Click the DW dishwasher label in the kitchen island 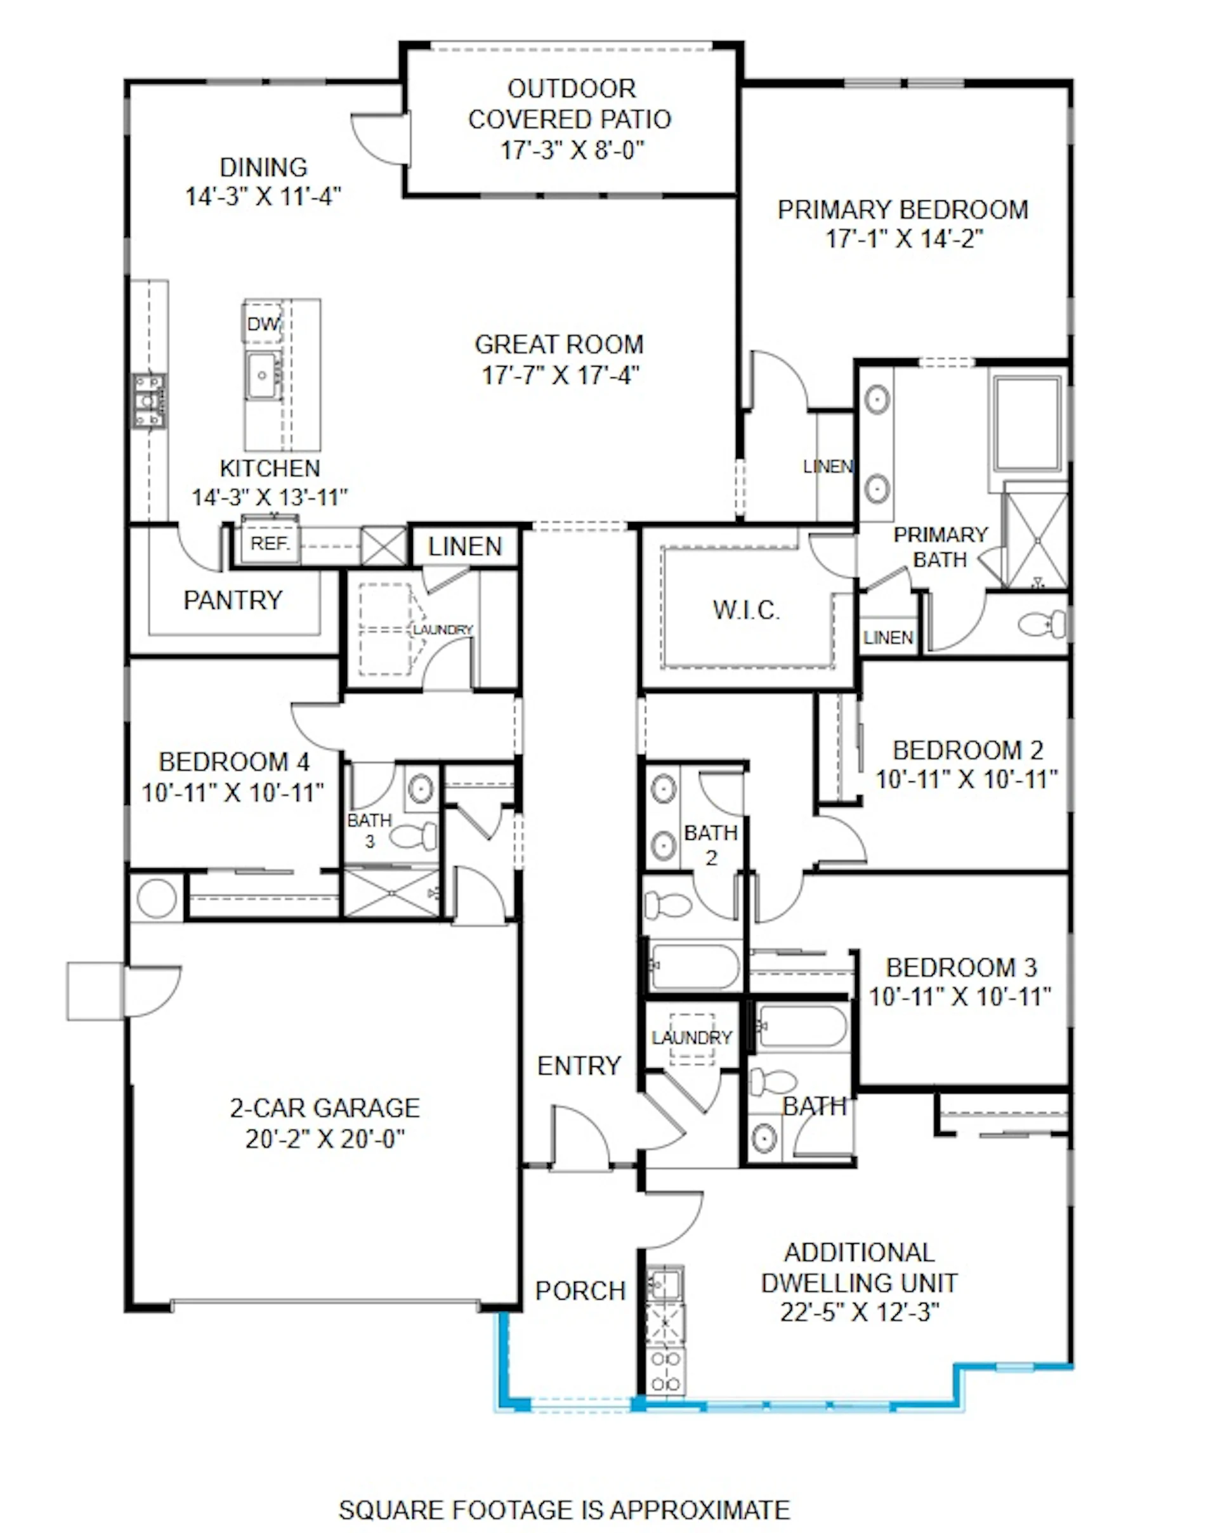pyautogui.click(x=263, y=323)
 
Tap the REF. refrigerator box pyautogui.click(x=270, y=544)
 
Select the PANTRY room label pyautogui.click(x=233, y=600)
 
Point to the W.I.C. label pyautogui.click(x=746, y=610)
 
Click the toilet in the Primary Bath pyautogui.click(x=1042, y=624)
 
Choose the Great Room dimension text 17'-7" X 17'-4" pyautogui.click(x=560, y=375)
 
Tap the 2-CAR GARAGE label pyautogui.click(x=324, y=1108)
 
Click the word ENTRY pyautogui.click(x=579, y=1066)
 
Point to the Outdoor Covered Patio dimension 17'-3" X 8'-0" pyautogui.click(x=572, y=150)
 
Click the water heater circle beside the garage pyautogui.click(x=157, y=898)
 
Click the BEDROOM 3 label pyautogui.click(x=960, y=968)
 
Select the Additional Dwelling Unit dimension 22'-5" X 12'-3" pyautogui.click(x=860, y=1312)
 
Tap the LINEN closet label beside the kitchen pyautogui.click(x=465, y=546)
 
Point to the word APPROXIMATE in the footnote pyautogui.click(x=700, y=1509)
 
